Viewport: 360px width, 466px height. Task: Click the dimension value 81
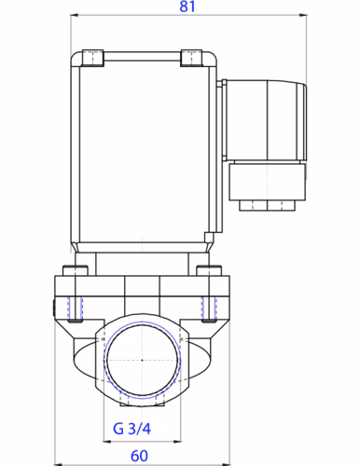(187, 7)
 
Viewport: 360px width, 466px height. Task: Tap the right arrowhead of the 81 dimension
(308, 16)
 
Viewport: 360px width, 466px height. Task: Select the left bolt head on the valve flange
(73, 271)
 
